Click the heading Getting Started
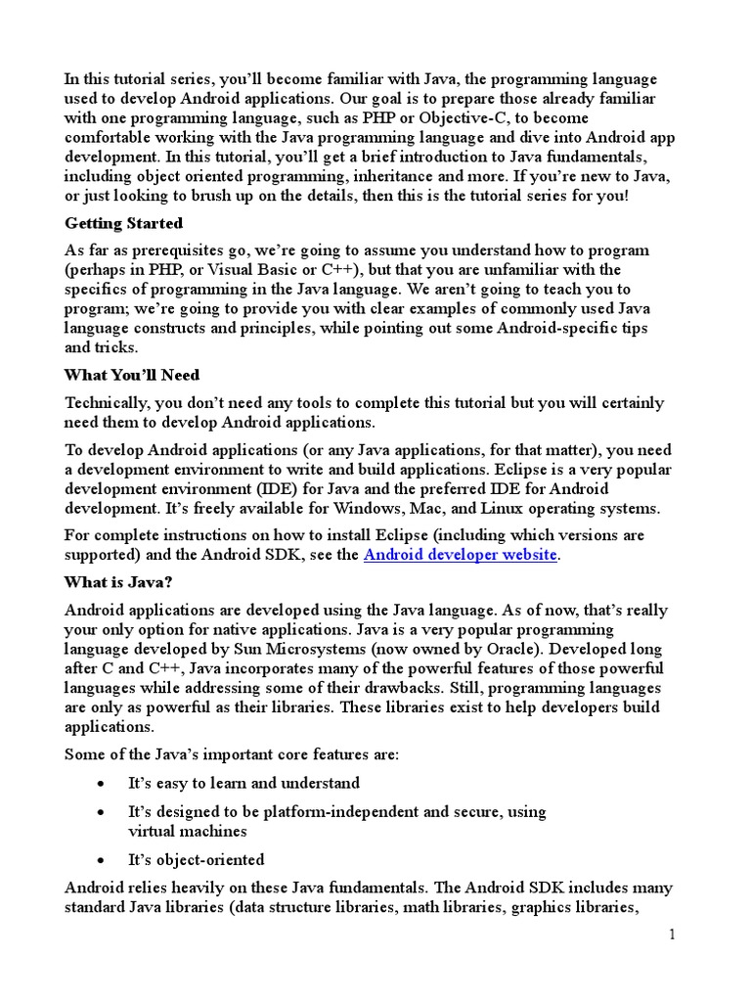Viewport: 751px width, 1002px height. point(123,224)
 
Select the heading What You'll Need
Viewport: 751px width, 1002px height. point(131,375)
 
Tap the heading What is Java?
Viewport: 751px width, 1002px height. point(119,582)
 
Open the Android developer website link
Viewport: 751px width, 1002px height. point(460,555)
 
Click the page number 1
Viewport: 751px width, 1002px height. point(673,935)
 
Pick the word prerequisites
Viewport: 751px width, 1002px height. point(152,250)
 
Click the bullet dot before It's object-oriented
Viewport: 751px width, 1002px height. point(103,861)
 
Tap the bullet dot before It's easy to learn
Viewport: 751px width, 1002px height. point(103,784)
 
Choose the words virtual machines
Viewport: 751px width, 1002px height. point(188,831)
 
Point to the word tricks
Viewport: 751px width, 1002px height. point(118,346)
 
